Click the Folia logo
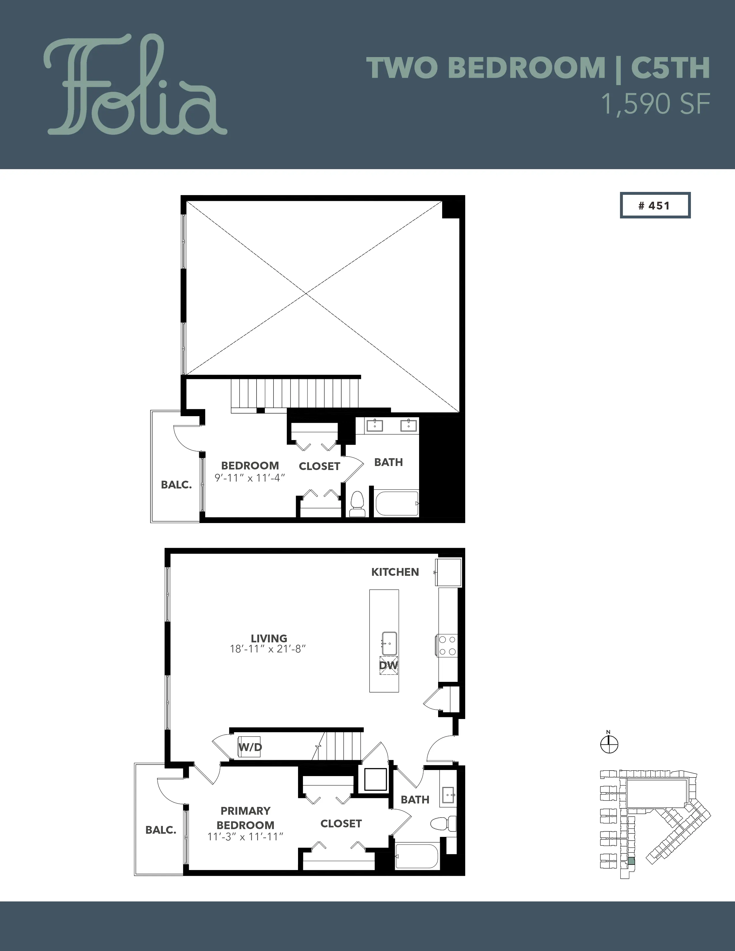[135, 85]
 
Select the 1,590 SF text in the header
[655, 105]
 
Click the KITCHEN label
[395, 572]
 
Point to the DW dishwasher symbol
[389, 665]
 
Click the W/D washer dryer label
[250, 748]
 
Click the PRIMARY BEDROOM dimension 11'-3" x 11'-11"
[246, 837]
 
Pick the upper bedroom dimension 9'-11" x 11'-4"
[250, 478]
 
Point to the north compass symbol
[609, 744]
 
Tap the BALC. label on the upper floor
[176, 485]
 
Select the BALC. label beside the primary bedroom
[161, 830]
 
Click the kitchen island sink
[389, 643]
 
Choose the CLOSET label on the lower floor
[341, 823]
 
